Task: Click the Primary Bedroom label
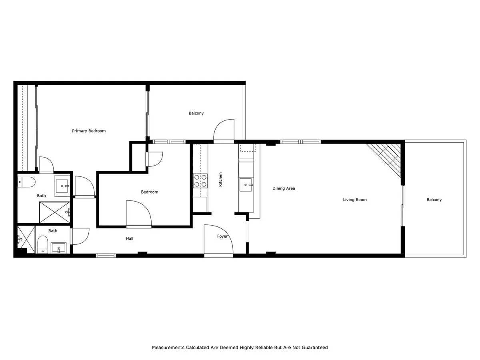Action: (89, 131)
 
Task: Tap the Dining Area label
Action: (284, 188)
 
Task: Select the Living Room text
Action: (355, 200)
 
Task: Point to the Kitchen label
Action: (220, 180)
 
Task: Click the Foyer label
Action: (222, 236)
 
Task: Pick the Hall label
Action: (130, 239)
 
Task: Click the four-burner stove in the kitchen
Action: (200, 181)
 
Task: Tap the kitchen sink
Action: (246, 185)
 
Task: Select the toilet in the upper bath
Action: (26, 182)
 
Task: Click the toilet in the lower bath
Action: (43, 244)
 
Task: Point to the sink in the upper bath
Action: (62, 186)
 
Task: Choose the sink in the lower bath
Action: (58, 248)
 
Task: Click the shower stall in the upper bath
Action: (55, 212)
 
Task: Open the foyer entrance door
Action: (218, 240)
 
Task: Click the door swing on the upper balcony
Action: (224, 130)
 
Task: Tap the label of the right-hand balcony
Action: (434, 200)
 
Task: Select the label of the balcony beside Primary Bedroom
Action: (196, 113)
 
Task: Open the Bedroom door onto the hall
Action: (139, 214)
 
